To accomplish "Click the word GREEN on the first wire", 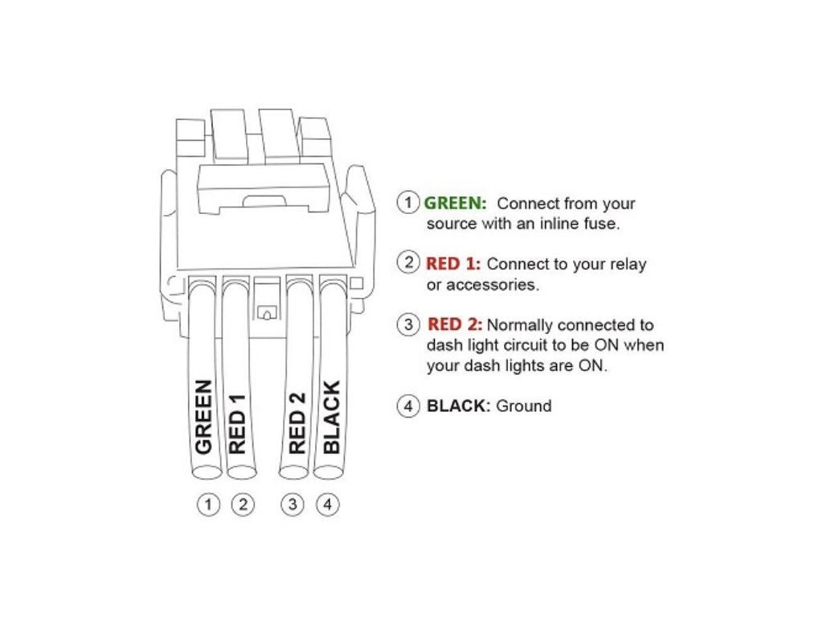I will (204, 416).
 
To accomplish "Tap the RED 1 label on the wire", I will (237, 424).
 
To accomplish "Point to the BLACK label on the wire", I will (331, 416).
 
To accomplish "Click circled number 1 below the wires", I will (208, 505).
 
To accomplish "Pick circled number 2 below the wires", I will (242, 505).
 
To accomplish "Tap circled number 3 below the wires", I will (293, 505).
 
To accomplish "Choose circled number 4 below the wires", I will (327, 505).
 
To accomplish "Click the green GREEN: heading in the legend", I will (455, 204).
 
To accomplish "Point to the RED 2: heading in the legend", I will (454, 325).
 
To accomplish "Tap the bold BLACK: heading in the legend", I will (458, 406).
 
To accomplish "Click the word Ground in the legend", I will (523, 406).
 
